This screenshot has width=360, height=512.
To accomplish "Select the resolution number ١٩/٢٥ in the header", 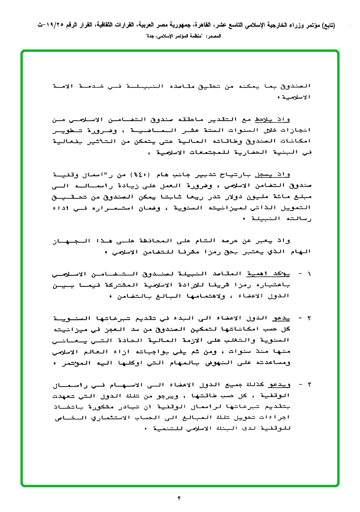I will (47, 25).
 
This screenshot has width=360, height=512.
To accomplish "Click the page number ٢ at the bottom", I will (180, 498).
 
